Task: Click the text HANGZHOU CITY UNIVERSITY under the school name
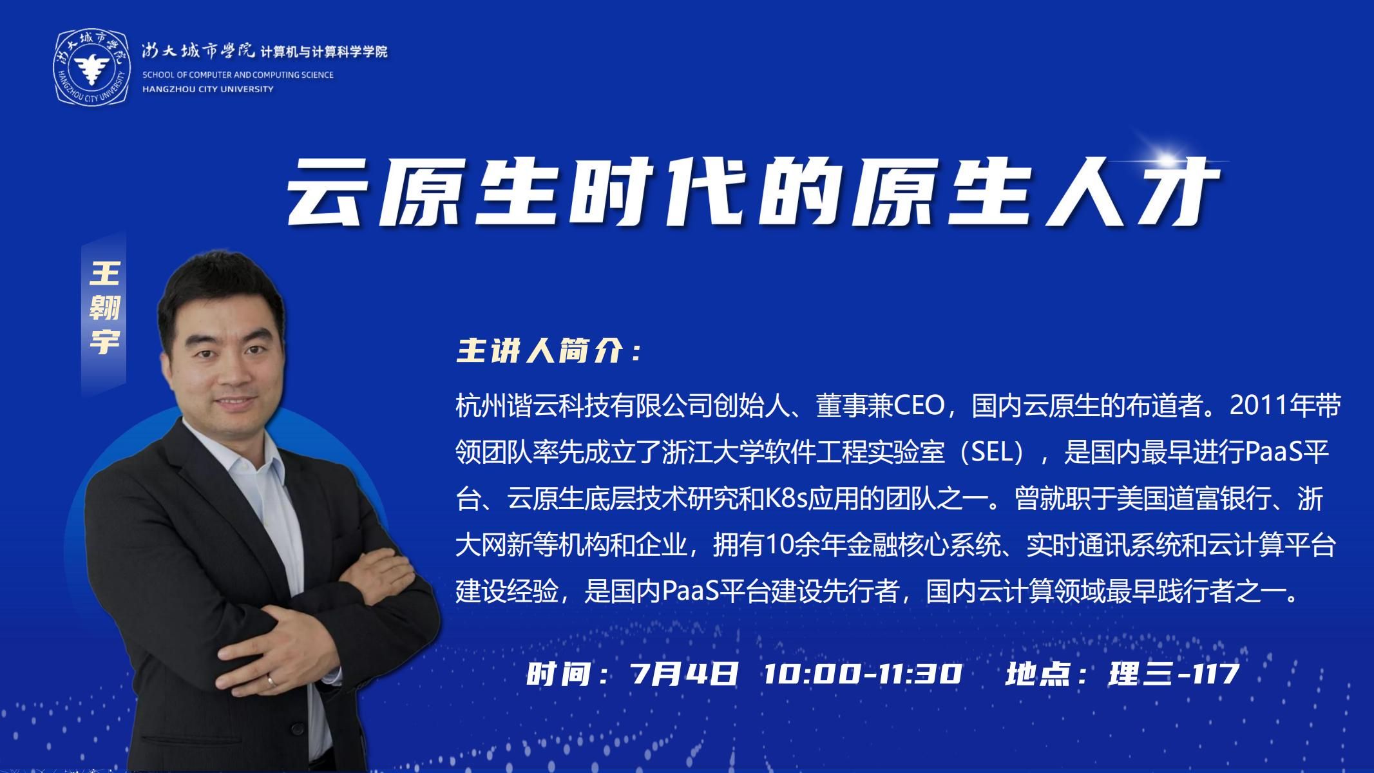[x=208, y=89]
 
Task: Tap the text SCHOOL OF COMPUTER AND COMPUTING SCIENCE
[x=238, y=75]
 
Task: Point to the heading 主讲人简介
[x=548, y=352]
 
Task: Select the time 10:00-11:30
[x=863, y=674]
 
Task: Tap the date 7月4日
[x=685, y=674]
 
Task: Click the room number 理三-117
[x=1174, y=674]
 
